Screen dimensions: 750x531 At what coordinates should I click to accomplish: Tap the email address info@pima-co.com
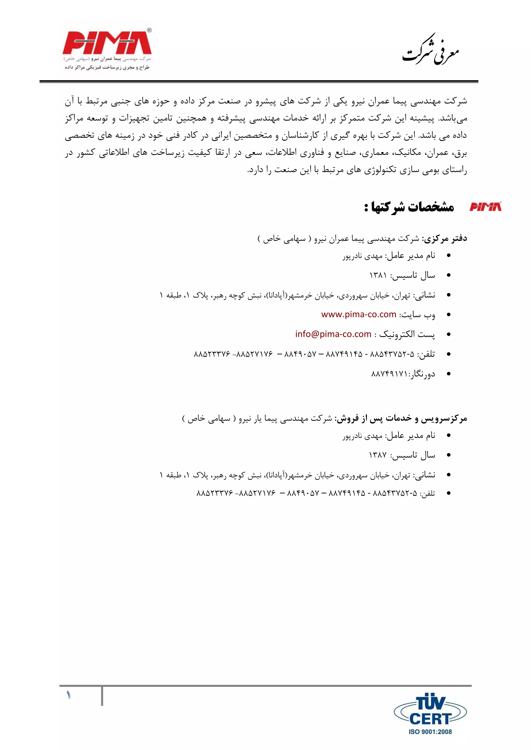333,334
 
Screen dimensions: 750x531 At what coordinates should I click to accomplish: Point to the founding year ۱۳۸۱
378,275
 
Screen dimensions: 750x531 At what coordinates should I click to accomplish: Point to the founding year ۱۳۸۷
378,455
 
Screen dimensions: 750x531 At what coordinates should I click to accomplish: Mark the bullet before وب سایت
449,315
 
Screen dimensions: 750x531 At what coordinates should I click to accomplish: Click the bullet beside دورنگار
449,374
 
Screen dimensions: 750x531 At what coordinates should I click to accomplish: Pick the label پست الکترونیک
407,334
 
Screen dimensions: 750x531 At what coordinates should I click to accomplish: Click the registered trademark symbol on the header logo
149,30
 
